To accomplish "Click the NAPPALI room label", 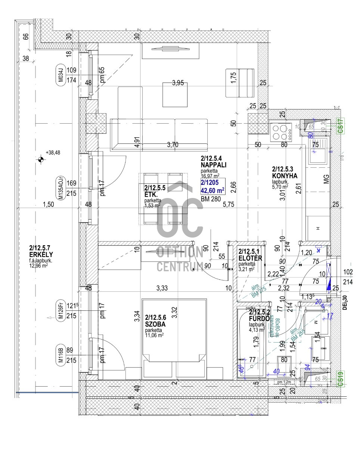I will tap(214, 164).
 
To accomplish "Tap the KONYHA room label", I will tap(285, 176).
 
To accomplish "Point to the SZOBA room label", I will tap(155, 325).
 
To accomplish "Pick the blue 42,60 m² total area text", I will tap(212, 190).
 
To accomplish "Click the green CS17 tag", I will tap(340, 126).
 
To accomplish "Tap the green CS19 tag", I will tap(340, 378).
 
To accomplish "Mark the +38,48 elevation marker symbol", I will tap(41, 160).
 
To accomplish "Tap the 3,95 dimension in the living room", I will tap(178, 83).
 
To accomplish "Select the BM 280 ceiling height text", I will tap(211, 199).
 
